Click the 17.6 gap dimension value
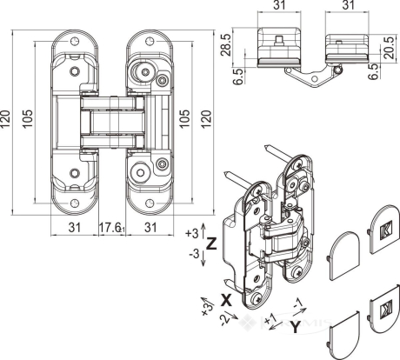(110, 227)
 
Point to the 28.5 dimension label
(227, 44)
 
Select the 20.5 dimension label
(390, 48)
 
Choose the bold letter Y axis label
(295, 327)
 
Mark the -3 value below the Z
(194, 254)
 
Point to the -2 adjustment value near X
(225, 319)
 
